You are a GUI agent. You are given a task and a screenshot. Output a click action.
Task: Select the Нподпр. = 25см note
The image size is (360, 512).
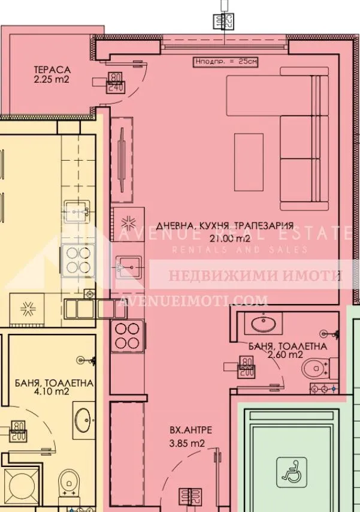225,61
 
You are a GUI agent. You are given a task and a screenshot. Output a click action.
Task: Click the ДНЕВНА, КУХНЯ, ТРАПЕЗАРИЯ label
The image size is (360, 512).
225,226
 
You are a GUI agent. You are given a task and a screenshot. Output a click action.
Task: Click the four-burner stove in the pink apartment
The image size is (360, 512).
127,336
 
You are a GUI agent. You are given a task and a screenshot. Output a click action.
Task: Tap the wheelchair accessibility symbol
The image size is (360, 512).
292,471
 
